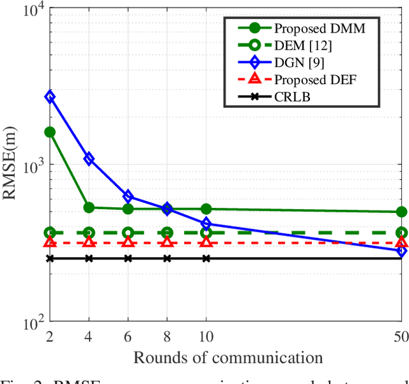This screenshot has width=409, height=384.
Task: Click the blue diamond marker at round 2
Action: point(50,97)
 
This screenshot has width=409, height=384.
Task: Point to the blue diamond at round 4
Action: point(89,159)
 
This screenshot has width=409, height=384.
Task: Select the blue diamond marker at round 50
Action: point(401,251)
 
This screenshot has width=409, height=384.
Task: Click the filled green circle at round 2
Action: point(50,132)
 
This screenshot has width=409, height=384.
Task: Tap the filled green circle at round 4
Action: point(89,207)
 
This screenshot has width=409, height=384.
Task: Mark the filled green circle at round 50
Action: point(401,212)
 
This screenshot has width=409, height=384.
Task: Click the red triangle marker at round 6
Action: point(128,242)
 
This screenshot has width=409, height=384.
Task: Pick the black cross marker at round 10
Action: point(206,258)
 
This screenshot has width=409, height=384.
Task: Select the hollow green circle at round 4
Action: point(89,233)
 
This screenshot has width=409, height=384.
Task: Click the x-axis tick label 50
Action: point(401,336)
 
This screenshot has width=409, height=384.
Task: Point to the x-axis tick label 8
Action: point(167,336)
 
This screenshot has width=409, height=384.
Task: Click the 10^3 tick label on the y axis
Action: point(31,165)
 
